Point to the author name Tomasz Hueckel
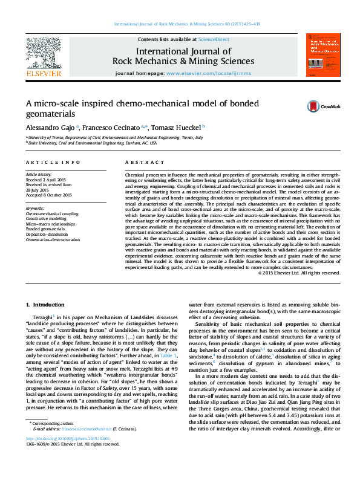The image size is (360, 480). tap(177, 128)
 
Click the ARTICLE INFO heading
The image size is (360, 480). tap(53, 163)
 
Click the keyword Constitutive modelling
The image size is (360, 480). tap(47, 219)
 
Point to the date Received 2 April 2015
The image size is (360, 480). tap(46, 180)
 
